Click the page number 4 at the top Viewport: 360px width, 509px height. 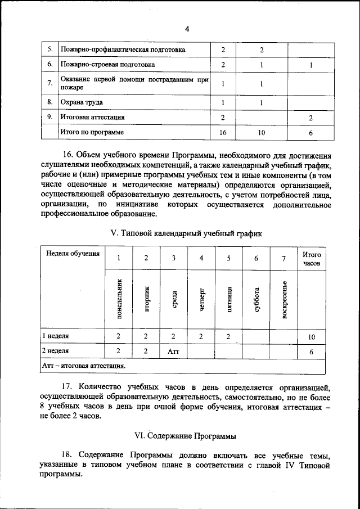click(187, 29)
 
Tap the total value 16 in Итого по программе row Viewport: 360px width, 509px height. click(223, 133)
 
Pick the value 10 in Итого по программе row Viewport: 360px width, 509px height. click(262, 133)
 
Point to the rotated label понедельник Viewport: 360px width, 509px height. click(119, 298)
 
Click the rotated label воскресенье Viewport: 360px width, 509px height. click(285, 299)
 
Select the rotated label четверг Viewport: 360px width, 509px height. click(201, 299)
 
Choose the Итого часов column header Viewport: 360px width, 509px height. click(312, 258)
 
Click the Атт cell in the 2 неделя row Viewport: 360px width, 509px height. click(173, 351)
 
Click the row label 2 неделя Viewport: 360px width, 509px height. click(56, 351)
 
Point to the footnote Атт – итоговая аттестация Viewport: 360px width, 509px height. click(84, 366)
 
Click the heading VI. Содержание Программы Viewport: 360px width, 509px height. click(186, 435)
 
